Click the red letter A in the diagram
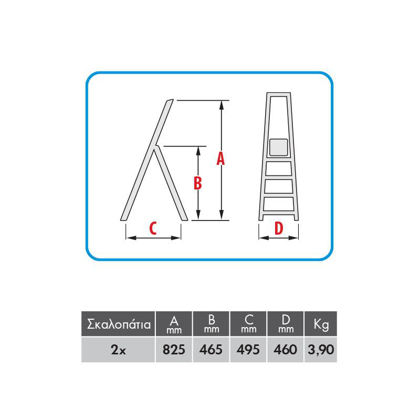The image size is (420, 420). point(220,159)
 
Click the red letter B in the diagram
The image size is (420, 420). point(198,183)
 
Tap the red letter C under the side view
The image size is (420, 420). point(153,228)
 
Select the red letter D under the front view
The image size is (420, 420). point(279,228)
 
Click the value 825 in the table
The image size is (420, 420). point(174,350)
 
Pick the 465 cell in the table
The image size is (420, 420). point(211,350)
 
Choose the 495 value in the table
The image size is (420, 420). point(248,350)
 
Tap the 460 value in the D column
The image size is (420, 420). point(285,350)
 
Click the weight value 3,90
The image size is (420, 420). point(321,350)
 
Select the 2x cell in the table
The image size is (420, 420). point(118,350)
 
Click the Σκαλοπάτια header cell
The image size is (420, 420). point(118,323)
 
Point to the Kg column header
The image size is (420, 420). point(321,323)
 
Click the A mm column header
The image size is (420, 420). point(174,323)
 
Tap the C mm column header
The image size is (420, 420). point(248,323)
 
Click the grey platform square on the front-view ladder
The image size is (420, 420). point(279,148)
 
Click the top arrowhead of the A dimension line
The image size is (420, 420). point(221,106)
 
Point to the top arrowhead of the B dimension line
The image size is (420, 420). point(198,151)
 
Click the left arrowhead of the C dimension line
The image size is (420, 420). point(131,238)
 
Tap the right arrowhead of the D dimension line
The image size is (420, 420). point(293,238)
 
